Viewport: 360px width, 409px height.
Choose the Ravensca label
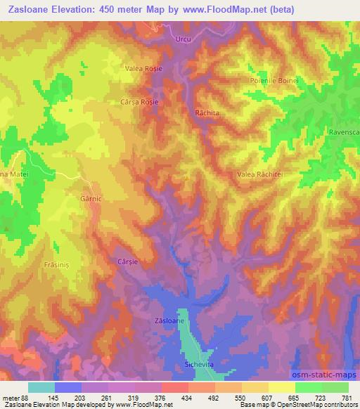344,131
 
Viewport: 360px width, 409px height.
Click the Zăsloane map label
169,320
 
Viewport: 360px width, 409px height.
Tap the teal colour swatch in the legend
41,387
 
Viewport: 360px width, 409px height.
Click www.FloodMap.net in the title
224,10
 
